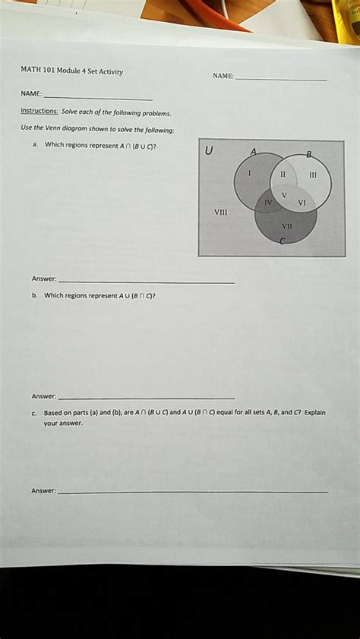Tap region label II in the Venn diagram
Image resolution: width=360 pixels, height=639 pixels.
(x=282, y=173)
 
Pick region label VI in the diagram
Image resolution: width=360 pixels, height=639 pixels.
(x=302, y=203)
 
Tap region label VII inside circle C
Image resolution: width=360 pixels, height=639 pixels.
(x=286, y=225)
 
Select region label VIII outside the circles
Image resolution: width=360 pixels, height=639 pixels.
(x=221, y=213)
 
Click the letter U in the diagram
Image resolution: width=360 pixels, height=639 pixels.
(x=209, y=150)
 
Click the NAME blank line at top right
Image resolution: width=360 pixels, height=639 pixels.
(x=281, y=80)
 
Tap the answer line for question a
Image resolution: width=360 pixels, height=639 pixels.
(x=147, y=282)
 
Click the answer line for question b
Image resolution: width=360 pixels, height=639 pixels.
(x=147, y=398)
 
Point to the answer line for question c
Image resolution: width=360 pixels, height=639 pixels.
(x=194, y=493)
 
